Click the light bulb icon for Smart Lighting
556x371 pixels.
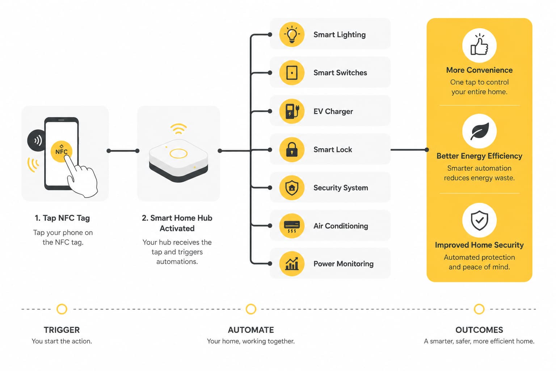point(292,34)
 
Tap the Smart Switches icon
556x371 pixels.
point(292,73)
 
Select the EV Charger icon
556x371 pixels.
point(292,111)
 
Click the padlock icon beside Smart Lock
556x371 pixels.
point(292,150)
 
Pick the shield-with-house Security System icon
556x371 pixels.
point(292,188)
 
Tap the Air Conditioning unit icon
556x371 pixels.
point(292,226)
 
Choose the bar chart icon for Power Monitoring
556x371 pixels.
point(292,264)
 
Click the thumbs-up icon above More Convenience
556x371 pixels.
point(479,46)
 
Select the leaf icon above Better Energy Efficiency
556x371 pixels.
point(479,131)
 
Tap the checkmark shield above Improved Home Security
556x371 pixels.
point(479,220)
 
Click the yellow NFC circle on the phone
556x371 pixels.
point(61,151)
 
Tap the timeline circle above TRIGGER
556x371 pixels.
point(62,309)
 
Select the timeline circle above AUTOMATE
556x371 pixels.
point(251,309)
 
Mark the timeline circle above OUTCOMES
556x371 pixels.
point(479,309)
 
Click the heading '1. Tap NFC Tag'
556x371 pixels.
point(62,218)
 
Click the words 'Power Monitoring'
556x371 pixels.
point(343,264)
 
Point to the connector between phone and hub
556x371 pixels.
point(123,151)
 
